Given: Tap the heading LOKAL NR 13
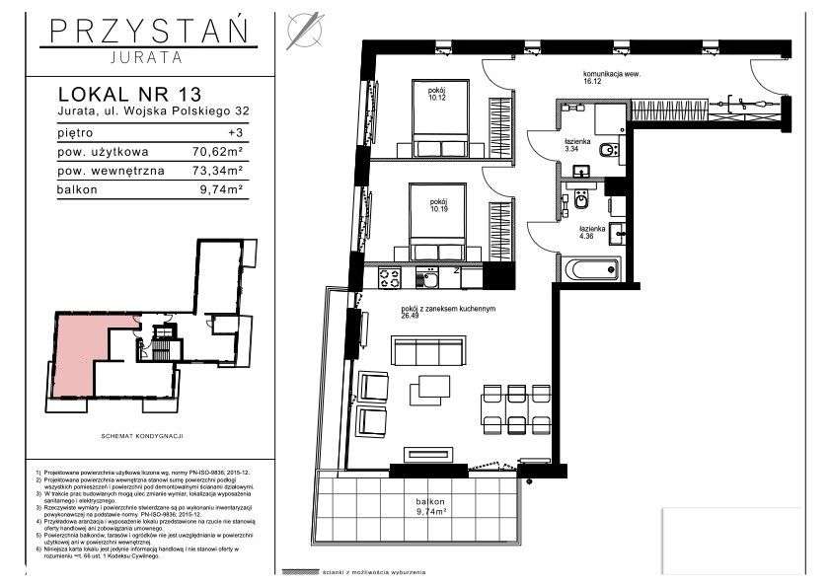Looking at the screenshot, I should [x=129, y=95].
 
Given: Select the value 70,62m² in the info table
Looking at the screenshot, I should [x=215, y=151].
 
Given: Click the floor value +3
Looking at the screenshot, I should [x=235, y=132].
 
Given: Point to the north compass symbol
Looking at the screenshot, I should [x=303, y=30].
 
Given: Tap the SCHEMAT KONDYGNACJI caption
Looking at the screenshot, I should [x=144, y=435].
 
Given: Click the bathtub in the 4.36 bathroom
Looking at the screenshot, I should [x=590, y=267].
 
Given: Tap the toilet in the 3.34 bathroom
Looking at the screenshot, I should [x=610, y=150].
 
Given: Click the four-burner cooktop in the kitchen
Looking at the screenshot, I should [x=389, y=277].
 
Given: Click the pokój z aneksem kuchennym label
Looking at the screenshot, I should [x=447, y=311].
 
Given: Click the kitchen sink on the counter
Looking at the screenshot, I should [x=430, y=278].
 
